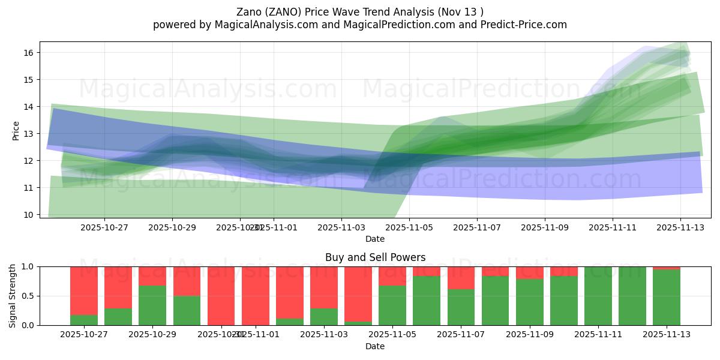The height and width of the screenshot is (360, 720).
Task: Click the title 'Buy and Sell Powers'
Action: (375, 257)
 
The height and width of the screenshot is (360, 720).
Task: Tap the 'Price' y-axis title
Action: (16, 130)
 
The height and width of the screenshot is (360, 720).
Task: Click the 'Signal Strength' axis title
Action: (13, 296)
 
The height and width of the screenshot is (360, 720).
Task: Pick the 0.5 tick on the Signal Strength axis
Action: (28, 296)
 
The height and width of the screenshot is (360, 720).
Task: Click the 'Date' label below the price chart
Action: (375, 239)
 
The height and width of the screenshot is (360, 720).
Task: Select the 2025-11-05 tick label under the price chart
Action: (409, 227)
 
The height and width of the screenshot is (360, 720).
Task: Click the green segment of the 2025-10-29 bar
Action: (152, 305)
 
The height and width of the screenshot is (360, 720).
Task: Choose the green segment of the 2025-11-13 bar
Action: (667, 298)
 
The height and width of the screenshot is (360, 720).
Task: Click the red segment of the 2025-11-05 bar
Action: (392, 275)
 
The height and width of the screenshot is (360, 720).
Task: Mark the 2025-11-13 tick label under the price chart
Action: (680, 227)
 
